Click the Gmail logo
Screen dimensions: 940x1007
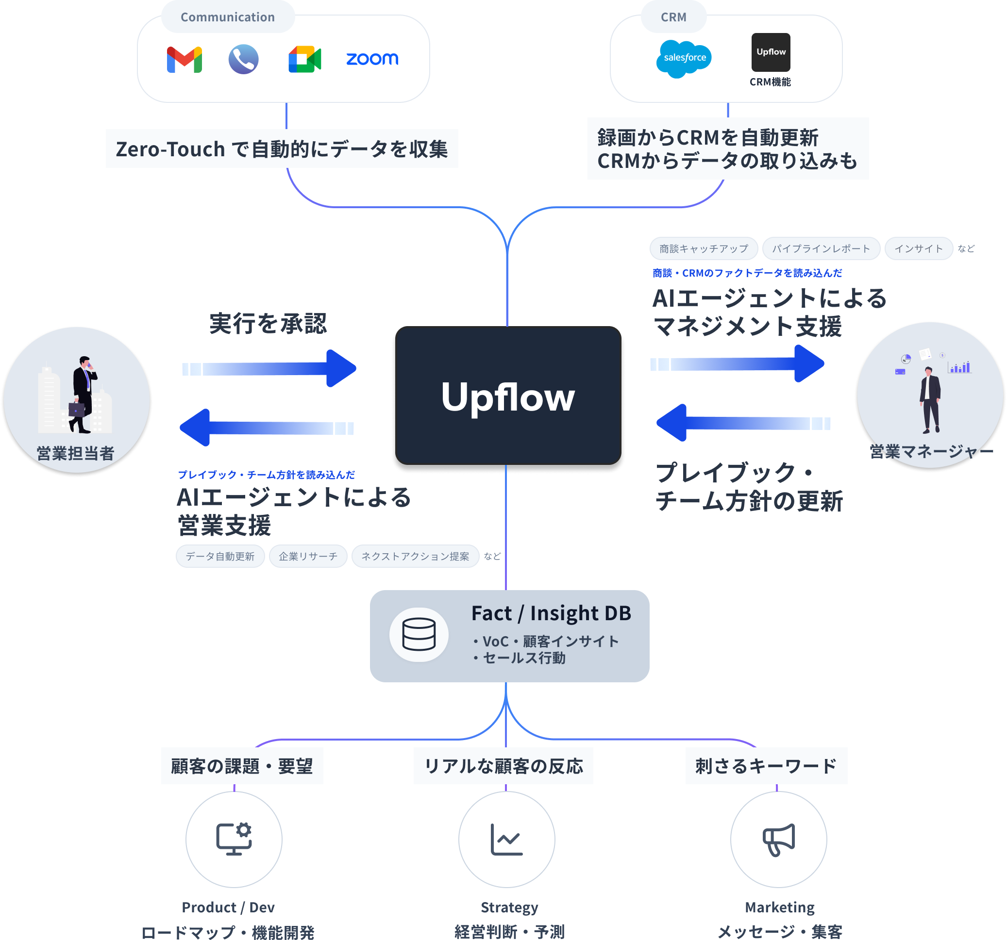point(185,59)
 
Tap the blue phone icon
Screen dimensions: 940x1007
point(244,59)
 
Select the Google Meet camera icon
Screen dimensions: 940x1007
point(304,59)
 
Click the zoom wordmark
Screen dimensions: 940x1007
point(372,59)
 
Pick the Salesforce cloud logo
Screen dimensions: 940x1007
point(684,59)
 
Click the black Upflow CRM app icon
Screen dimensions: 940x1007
point(771,52)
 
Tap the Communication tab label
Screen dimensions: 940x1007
point(227,17)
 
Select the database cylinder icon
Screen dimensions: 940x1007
point(419,634)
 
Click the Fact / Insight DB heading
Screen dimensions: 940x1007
point(551,613)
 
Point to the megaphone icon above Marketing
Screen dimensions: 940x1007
point(778,839)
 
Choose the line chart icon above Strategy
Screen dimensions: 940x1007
point(506,839)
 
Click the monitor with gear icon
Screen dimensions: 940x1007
point(234,839)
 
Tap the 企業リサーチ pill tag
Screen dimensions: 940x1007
point(308,556)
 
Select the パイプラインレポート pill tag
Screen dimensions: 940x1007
point(821,248)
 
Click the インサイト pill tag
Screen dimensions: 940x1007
point(918,248)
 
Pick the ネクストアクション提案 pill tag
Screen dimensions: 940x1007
point(415,556)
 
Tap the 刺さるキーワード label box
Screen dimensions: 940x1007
point(766,766)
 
